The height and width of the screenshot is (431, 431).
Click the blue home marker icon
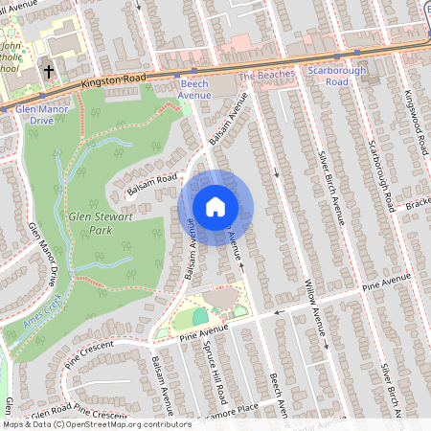click(215, 207)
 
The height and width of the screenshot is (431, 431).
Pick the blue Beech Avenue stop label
click(194, 90)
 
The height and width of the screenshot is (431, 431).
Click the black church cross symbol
click(48, 71)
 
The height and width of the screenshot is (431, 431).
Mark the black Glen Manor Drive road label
click(42, 255)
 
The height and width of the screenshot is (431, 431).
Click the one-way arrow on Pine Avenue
click(279, 312)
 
